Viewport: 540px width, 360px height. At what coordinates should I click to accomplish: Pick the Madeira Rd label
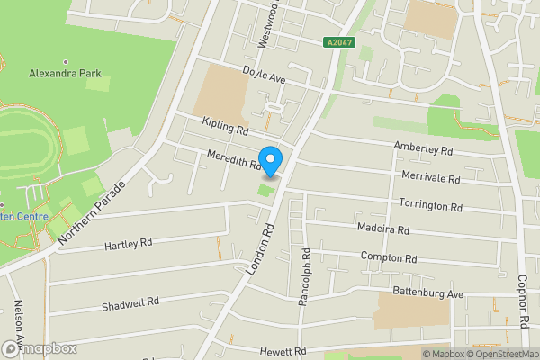(x=382, y=229)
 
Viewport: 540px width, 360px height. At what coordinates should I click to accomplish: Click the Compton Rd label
(x=389, y=258)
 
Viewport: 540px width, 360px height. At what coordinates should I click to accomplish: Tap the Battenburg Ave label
(x=428, y=293)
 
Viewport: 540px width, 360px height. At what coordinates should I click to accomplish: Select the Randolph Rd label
(x=304, y=274)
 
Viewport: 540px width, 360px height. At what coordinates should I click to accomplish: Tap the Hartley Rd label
(x=129, y=244)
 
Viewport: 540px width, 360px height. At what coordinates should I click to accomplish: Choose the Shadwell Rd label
(x=130, y=303)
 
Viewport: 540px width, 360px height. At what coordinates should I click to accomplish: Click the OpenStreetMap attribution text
(x=499, y=354)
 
